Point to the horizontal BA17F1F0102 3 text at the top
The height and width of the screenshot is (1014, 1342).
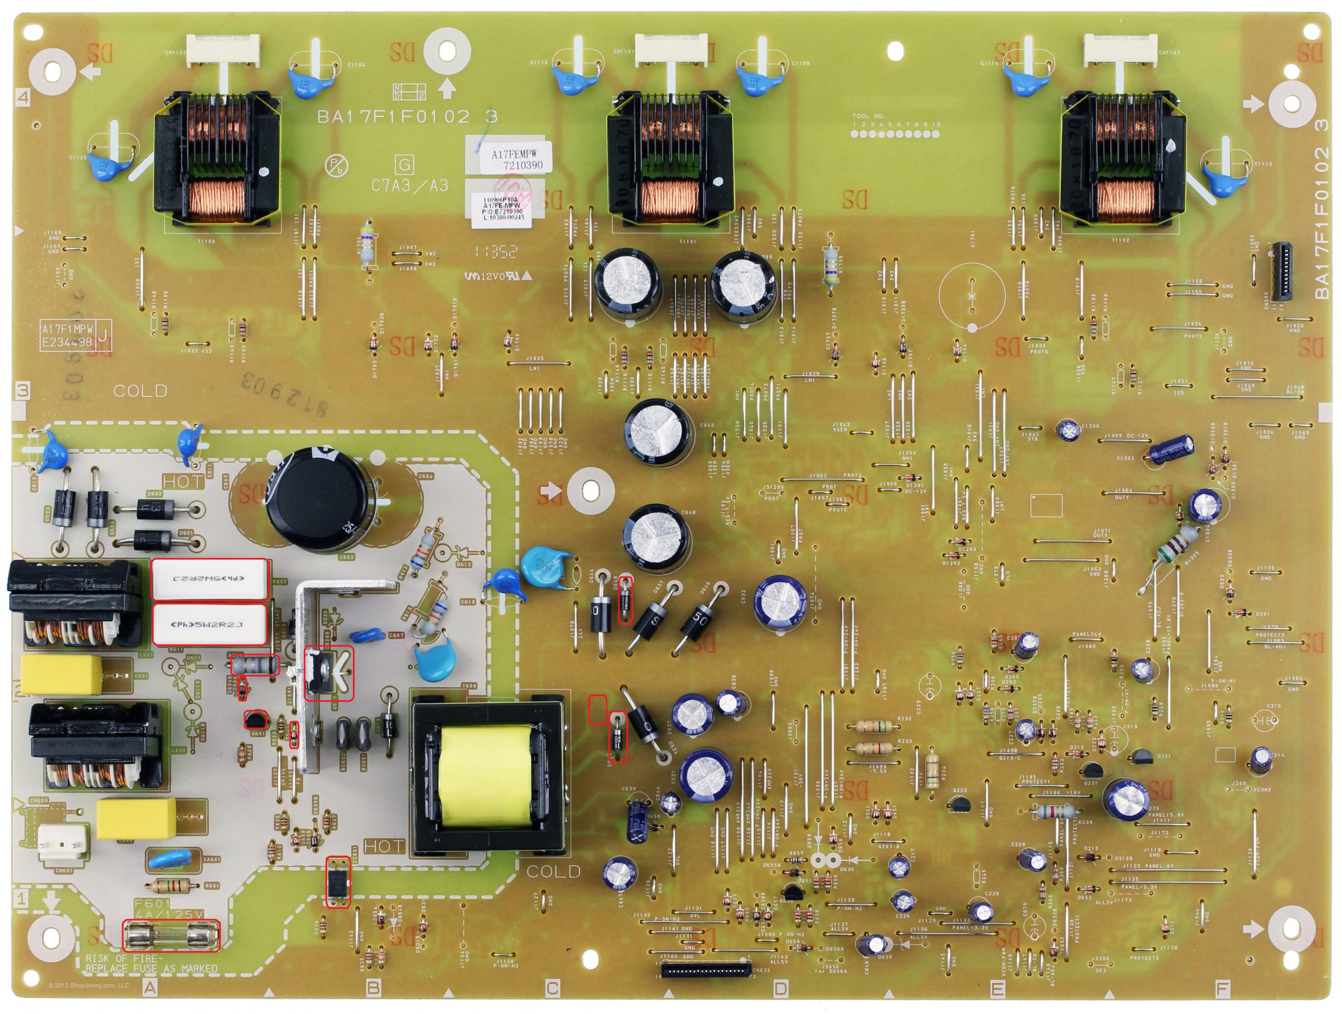coord(407,116)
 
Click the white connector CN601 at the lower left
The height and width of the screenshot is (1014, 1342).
coord(63,842)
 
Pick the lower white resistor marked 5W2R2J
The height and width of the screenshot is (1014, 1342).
coord(209,624)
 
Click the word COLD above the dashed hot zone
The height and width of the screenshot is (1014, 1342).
coord(140,391)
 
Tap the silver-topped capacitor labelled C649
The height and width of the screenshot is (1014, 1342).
coord(658,433)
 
